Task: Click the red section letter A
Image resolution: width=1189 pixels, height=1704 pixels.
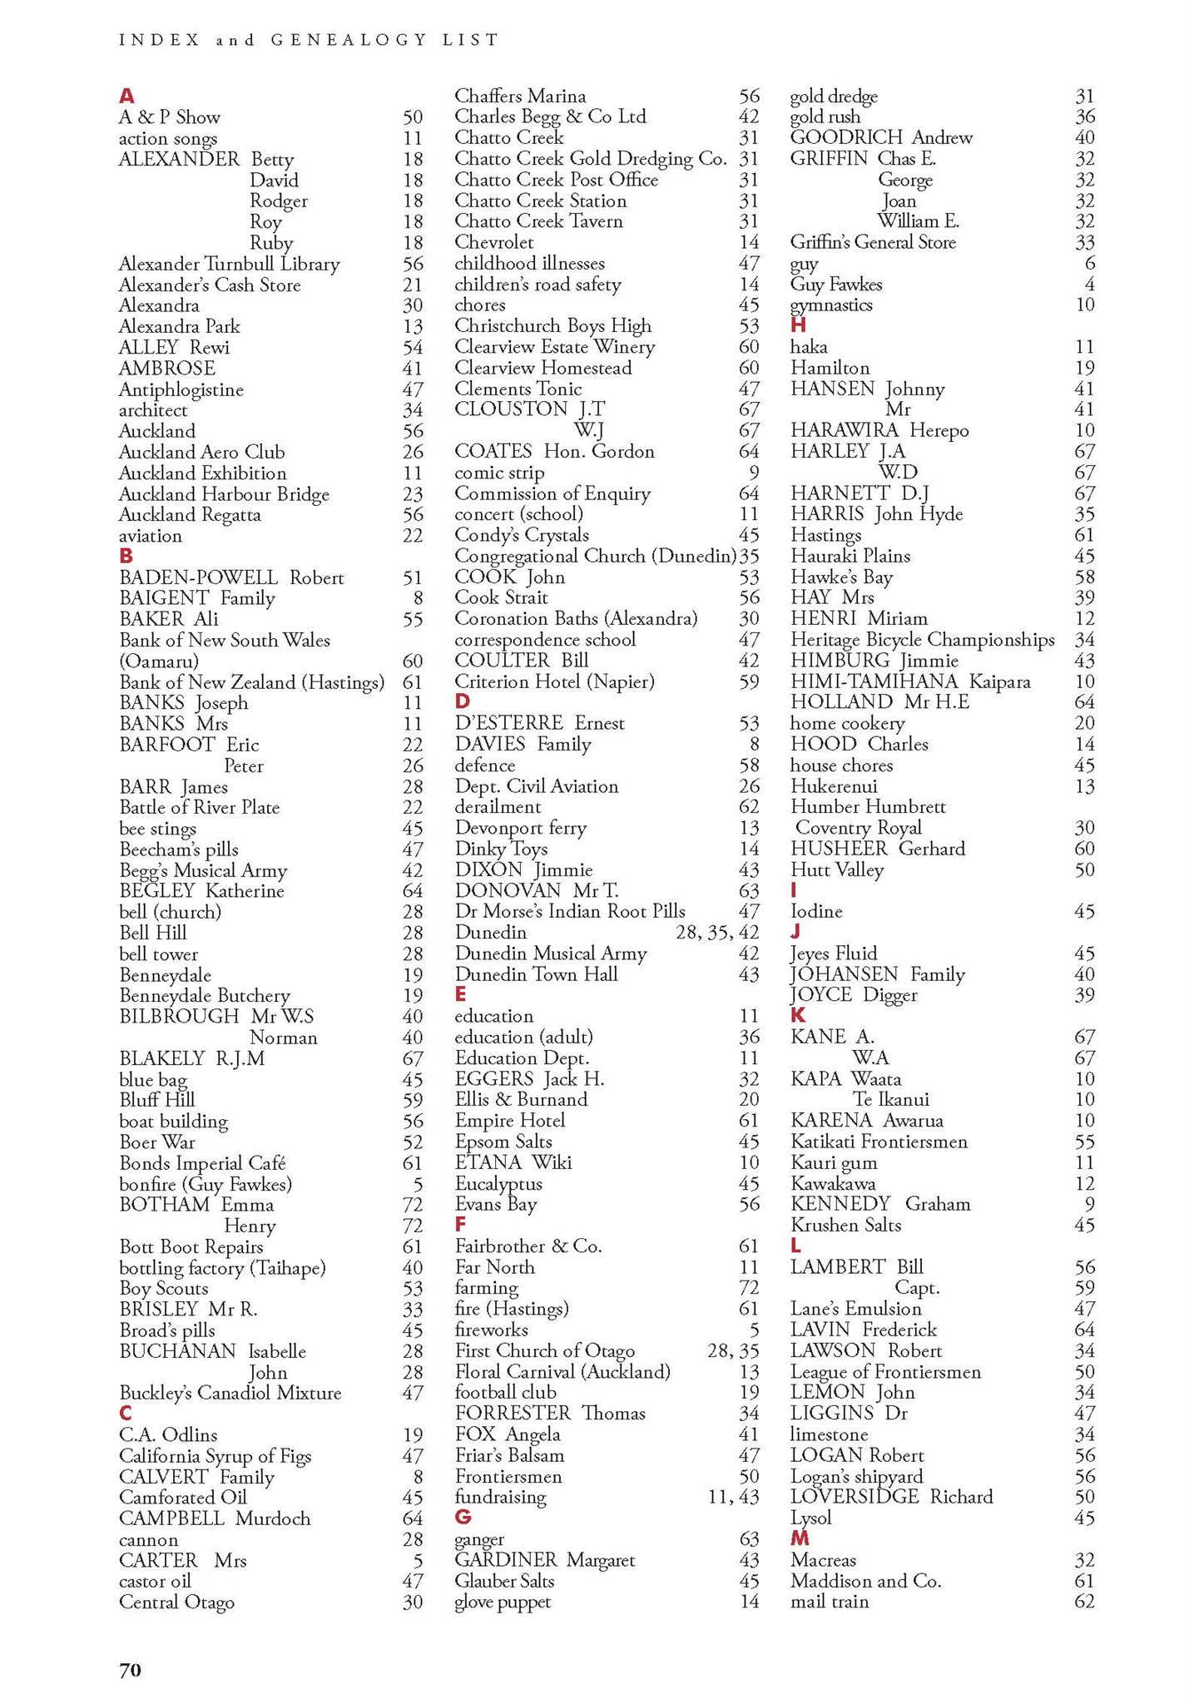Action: tap(126, 97)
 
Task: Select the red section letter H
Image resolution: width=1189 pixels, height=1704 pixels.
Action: tap(798, 325)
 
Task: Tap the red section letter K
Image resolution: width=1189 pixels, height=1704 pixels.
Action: tap(798, 1015)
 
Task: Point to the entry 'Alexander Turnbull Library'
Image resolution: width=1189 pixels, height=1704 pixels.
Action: tap(229, 264)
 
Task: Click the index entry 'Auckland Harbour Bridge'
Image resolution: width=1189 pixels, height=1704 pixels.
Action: tap(224, 494)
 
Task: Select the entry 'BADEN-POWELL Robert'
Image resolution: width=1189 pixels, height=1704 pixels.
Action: tap(231, 577)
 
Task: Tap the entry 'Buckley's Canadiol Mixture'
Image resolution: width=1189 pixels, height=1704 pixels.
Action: tap(230, 1393)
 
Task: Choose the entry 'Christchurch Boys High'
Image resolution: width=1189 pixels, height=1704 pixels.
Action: tap(552, 325)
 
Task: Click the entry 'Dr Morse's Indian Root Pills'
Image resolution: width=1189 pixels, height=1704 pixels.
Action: tap(570, 911)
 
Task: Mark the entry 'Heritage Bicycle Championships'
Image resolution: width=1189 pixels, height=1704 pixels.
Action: tap(922, 640)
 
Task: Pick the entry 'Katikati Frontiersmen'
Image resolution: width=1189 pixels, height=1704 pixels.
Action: tap(879, 1142)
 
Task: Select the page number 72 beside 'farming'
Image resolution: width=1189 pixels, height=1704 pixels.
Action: tap(749, 1288)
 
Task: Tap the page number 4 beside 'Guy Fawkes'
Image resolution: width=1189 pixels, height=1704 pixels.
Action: tap(1089, 285)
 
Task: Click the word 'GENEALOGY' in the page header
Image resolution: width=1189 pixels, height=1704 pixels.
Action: tap(349, 39)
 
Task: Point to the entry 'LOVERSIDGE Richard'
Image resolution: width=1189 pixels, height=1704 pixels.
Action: tap(891, 1497)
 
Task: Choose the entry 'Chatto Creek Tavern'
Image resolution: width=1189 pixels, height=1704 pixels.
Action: tap(538, 221)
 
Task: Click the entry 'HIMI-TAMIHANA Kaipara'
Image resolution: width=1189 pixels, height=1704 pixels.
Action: tap(910, 682)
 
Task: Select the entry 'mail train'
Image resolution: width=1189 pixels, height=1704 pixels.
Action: tap(829, 1602)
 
